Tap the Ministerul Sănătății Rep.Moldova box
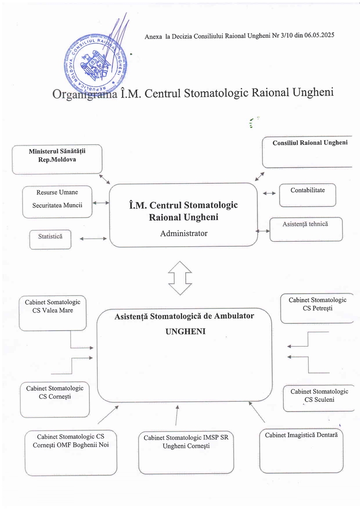57,159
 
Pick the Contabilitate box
307,195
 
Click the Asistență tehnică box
305,229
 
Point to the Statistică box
50,240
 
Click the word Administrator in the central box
184,233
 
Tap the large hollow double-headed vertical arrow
180,278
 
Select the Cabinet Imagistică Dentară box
301,451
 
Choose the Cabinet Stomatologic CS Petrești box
317,307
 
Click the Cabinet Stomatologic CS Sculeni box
319,397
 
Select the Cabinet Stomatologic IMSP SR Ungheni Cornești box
186,452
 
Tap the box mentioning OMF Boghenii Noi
71,452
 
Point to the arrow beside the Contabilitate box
268,193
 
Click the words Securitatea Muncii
57,205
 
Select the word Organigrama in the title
84,94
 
